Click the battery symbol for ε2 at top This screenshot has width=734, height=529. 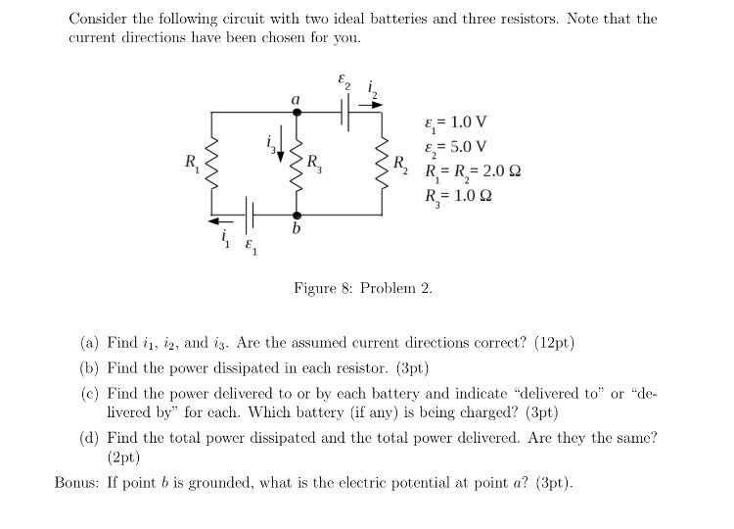click(x=346, y=112)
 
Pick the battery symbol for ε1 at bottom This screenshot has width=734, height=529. click(x=252, y=215)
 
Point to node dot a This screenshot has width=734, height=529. click(x=298, y=112)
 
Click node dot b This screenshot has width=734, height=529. click(x=298, y=215)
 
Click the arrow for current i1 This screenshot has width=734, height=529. click(x=222, y=220)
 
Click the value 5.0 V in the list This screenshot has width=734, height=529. click(x=466, y=148)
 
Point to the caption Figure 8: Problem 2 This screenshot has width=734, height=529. click(x=362, y=288)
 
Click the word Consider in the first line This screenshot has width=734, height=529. click(x=98, y=19)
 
